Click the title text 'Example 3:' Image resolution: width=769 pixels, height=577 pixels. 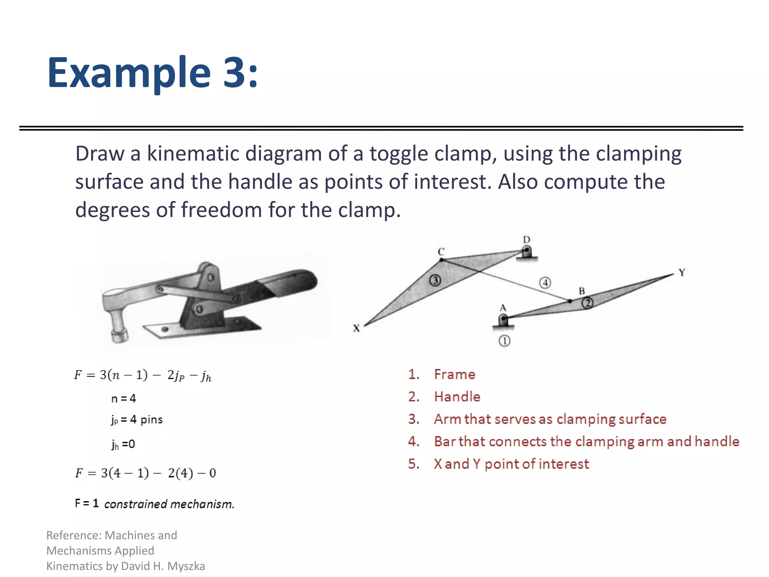[152, 72]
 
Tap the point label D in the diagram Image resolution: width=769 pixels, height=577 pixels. [526, 240]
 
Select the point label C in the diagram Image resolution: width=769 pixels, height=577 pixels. [441, 252]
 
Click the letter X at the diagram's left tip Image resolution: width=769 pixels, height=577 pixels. [356, 328]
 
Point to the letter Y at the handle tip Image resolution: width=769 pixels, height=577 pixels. [682, 272]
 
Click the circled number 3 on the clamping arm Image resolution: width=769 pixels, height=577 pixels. [435, 280]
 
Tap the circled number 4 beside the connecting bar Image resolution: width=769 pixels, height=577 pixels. [545, 282]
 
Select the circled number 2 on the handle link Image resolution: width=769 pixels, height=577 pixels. [587, 303]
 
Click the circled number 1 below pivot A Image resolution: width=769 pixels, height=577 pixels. [504, 341]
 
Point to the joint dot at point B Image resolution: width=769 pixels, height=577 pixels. [570, 301]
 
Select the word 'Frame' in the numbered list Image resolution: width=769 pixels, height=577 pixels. [454, 374]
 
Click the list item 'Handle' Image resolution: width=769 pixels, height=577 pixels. [457, 397]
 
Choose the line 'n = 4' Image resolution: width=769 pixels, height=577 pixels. [124, 398]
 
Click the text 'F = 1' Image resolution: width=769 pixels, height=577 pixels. [87, 503]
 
